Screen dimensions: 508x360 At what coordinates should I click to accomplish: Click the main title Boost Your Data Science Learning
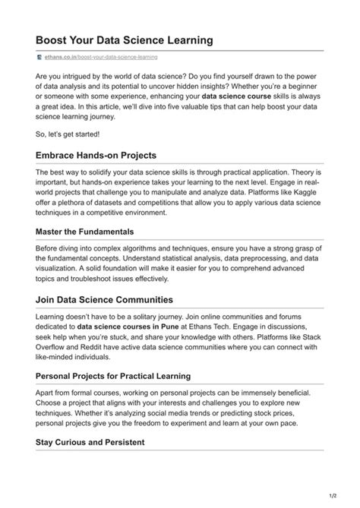pos(124,39)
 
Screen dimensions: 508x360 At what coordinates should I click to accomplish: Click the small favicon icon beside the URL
pos(39,57)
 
